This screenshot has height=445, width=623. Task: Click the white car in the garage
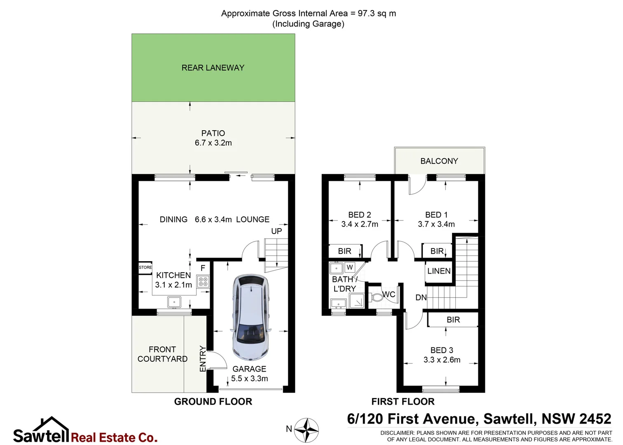(x=251, y=316)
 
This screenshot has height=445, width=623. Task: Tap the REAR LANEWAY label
(x=213, y=68)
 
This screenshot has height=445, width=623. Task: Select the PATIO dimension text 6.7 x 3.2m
(x=213, y=143)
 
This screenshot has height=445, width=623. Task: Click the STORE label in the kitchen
(x=145, y=267)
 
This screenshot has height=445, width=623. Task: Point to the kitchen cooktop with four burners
(x=203, y=282)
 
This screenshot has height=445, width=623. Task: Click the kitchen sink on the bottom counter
(x=174, y=302)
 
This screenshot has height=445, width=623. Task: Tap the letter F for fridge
(x=203, y=268)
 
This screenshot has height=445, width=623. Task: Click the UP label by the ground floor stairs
(x=276, y=231)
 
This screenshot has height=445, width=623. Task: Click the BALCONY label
(x=439, y=161)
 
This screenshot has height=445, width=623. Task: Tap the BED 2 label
(x=359, y=215)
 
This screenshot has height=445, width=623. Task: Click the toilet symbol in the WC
(x=377, y=297)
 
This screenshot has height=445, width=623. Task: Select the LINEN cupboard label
(x=439, y=271)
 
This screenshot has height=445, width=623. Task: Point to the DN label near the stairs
(x=421, y=297)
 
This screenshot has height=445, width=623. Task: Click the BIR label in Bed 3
(x=453, y=320)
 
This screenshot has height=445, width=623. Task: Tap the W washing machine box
(x=349, y=267)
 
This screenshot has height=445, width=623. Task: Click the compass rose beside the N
(x=306, y=430)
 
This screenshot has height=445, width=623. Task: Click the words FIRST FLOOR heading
(x=403, y=402)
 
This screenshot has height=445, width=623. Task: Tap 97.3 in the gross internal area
(x=366, y=13)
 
